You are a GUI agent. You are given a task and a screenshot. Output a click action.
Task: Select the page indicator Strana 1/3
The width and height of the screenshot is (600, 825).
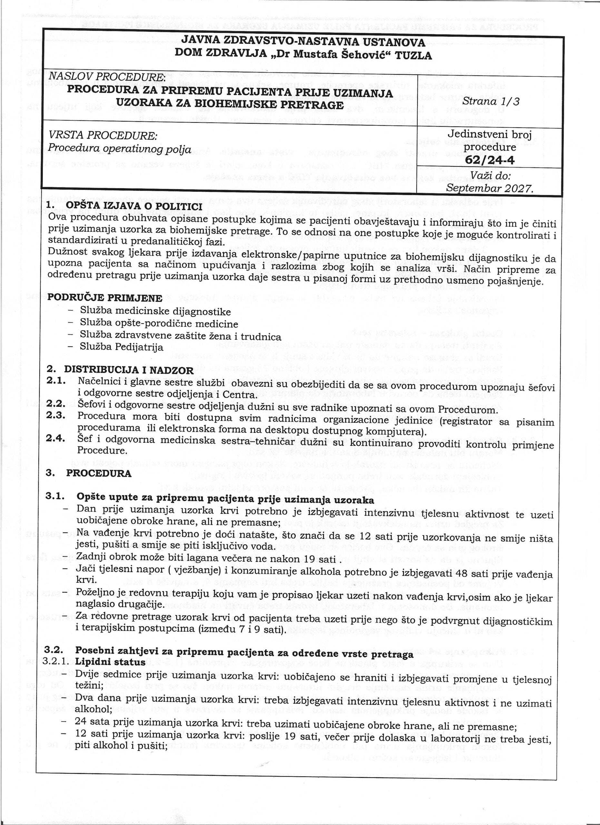click(491, 101)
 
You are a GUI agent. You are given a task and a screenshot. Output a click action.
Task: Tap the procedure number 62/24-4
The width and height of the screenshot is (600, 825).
click(489, 160)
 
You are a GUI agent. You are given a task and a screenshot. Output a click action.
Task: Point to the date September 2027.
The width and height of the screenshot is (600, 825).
click(489, 188)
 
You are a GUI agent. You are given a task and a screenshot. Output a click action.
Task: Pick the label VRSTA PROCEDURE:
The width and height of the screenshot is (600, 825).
click(103, 136)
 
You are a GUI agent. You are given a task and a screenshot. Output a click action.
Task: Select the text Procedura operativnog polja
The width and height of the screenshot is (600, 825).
click(120, 149)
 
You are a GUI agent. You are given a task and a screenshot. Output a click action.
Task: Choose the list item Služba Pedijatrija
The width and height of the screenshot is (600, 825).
click(122, 347)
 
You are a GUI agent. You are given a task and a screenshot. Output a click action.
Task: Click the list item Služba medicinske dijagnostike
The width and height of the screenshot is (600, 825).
click(155, 312)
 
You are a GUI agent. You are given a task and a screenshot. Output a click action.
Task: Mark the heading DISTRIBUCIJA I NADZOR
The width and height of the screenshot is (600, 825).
click(129, 370)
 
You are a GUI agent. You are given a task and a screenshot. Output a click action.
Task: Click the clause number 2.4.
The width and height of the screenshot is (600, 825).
click(56, 439)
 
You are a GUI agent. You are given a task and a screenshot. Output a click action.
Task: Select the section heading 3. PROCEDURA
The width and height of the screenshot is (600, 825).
click(99, 473)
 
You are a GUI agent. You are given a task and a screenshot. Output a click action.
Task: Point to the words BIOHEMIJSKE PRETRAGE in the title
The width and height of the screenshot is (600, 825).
click(269, 105)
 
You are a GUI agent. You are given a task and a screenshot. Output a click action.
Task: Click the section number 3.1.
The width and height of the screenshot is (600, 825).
click(55, 496)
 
